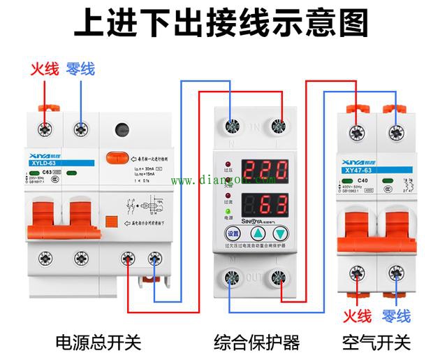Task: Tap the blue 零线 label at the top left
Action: point(80,69)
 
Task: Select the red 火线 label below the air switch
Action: point(357,315)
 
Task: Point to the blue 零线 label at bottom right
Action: point(397,315)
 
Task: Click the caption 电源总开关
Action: point(98,343)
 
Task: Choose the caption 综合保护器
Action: point(256,343)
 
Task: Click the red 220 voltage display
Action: point(265,170)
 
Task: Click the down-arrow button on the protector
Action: point(280,234)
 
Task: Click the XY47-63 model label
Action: point(360,169)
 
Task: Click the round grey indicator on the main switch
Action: point(123,130)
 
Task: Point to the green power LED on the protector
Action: point(228,212)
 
